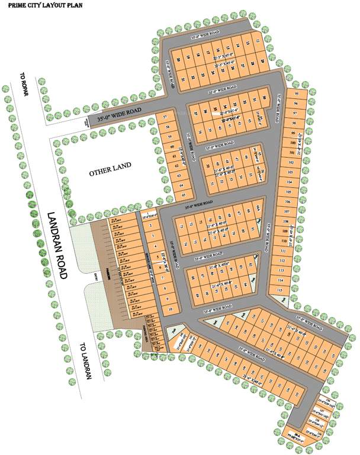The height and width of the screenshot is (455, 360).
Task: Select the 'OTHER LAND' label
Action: pos(110,172)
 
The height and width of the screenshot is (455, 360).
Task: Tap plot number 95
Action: pos(296,94)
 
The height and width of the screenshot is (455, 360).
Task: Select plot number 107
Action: pos(286,212)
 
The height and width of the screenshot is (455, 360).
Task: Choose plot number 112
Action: pos(282,260)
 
